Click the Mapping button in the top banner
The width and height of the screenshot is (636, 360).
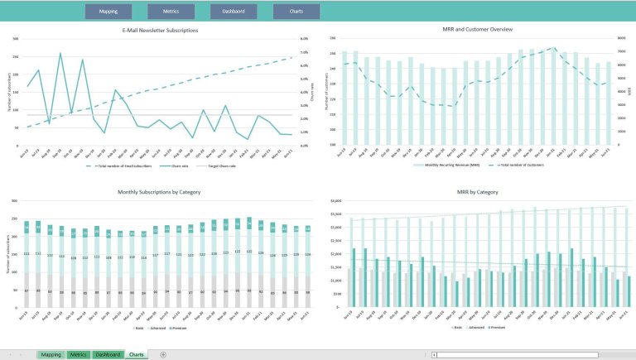tap(108, 12)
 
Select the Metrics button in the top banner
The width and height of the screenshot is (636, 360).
tap(171, 12)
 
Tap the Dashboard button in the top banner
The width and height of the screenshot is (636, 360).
tap(234, 12)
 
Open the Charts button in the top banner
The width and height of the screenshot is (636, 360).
tap(296, 12)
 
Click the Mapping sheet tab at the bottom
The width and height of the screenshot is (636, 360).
tap(51, 354)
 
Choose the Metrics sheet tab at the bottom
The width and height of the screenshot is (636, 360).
tap(79, 354)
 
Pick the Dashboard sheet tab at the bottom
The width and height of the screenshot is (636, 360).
tap(108, 354)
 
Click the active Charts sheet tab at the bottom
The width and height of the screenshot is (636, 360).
tap(137, 354)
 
